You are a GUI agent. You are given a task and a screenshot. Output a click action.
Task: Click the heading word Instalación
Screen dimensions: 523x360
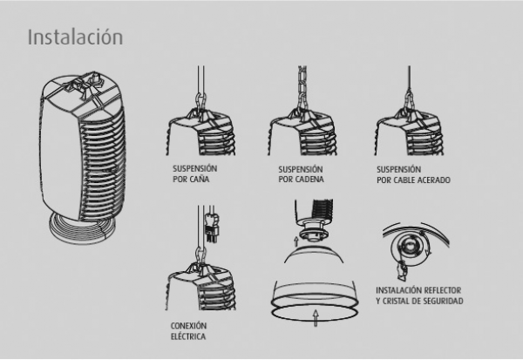click(75, 37)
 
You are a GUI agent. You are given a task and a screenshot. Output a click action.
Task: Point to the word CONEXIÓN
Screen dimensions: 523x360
click(189, 326)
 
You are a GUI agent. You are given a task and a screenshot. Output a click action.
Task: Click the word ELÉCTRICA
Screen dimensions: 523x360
click(188, 336)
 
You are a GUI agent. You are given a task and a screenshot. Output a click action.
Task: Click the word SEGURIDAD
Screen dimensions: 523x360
click(443, 301)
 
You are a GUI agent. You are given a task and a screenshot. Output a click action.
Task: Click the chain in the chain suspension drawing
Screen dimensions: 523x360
click(302, 87)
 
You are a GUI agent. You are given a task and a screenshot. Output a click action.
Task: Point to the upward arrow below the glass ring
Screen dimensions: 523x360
click(316, 317)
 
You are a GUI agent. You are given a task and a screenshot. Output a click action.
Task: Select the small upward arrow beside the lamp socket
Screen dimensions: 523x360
click(296, 241)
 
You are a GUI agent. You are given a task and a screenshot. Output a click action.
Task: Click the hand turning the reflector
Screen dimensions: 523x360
click(402, 270)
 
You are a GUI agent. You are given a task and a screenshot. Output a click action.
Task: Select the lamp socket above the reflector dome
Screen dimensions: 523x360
click(313, 231)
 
